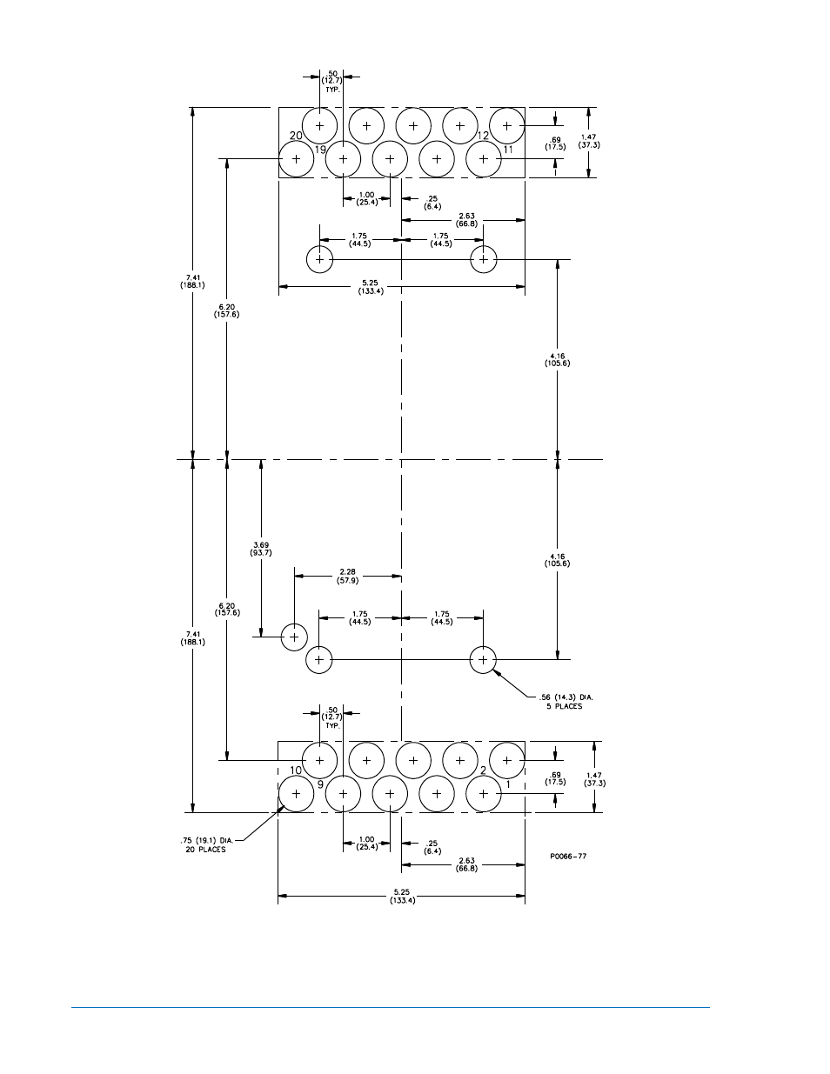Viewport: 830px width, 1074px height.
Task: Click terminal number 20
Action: click(x=296, y=136)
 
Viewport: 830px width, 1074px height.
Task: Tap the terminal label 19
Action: click(x=320, y=150)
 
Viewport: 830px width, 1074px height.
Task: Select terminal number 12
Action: click(x=484, y=136)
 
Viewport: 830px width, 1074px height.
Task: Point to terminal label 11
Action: click(x=508, y=150)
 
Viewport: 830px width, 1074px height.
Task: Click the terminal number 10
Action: click(x=296, y=770)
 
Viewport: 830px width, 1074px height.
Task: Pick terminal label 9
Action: click(x=320, y=784)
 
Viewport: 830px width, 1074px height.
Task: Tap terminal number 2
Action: click(x=484, y=770)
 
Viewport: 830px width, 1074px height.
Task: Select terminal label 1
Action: click(x=508, y=784)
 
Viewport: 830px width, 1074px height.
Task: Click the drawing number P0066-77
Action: click(x=568, y=856)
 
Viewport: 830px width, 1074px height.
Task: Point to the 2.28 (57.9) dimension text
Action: click(x=348, y=576)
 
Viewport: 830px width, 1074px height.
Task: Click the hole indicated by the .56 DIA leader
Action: click(x=483, y=660)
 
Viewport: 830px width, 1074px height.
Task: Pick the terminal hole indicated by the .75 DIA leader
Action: click(x=297, y=794)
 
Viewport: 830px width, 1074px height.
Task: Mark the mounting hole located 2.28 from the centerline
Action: click(x=295, y=637)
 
